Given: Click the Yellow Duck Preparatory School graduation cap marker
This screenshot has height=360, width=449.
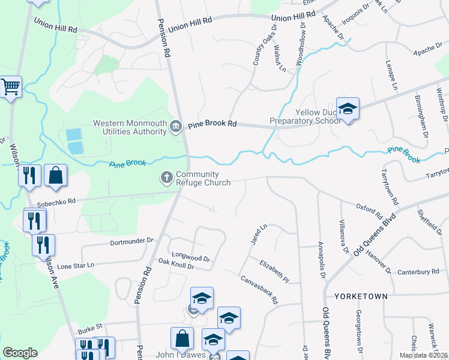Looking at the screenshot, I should (x=348, y=109).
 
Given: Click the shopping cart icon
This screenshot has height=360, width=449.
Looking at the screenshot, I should (x=10, y=88).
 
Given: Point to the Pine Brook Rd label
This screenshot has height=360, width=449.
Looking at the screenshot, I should (x=212, y=125).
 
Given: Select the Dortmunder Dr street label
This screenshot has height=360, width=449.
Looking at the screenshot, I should (x=131, y=241).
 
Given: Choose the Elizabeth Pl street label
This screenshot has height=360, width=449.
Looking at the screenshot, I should (x=274, y=271).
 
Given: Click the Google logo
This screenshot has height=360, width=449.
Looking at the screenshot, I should (x=20, y=353).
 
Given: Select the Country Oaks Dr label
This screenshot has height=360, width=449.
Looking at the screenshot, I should (x=265, y=45).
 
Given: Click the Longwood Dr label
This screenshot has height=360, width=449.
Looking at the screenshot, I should (x=190, y=256).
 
